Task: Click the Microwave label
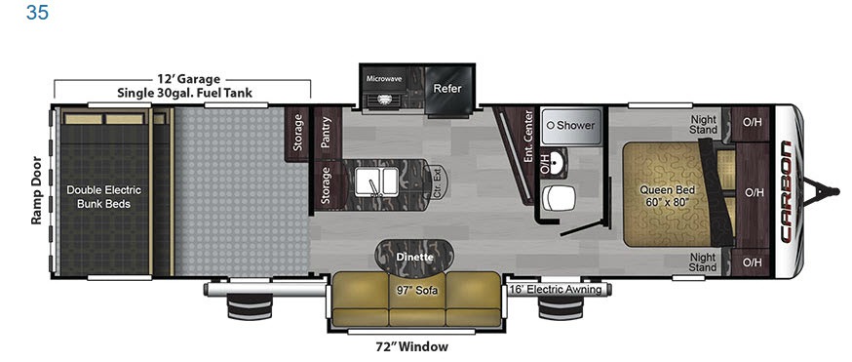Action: click(384, 79)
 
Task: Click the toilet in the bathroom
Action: click(558, 198)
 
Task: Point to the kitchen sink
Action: click(376, 181)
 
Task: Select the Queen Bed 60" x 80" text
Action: click(664, 196)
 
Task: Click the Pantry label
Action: click(326, 133)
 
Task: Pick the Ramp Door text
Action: click(36, 190)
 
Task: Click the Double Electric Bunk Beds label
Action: click(103, 197)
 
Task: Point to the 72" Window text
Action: click(413, 346)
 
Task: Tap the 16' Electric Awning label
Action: click(555, 289)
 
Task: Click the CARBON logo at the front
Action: click(785, 191)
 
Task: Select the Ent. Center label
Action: click(527, 136)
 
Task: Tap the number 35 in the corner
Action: click(37, 12)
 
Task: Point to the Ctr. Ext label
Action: click(436, 182)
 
